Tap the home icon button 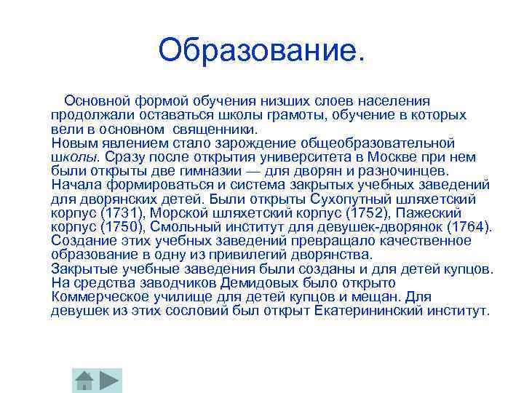(x=85, y=380)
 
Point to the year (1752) (x=364, y=213)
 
